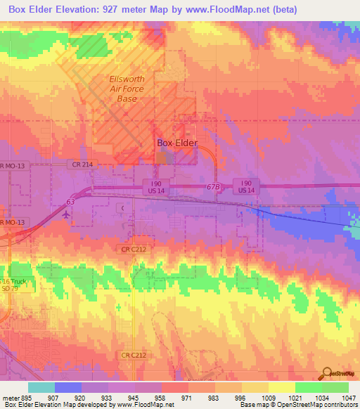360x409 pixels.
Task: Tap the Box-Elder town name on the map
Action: coord(176,143)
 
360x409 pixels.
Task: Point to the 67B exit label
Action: coord(214,186)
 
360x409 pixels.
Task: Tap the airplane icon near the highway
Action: coord(66,216)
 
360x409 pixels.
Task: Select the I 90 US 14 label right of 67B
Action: coord(246,186)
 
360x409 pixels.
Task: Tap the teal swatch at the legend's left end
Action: coord(41,387)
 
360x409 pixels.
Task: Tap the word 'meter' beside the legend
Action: coord(10,397)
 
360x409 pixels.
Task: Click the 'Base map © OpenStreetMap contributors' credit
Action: coord(297,405)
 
